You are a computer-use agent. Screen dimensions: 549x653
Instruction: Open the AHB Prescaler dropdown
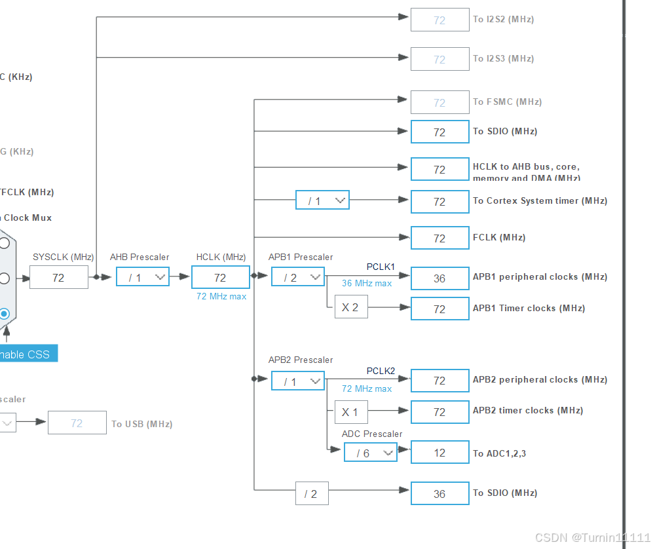point(143,278)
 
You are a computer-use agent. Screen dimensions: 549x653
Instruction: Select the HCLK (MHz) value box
point(220,278)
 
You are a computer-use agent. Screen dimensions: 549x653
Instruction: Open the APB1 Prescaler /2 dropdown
point(298,278)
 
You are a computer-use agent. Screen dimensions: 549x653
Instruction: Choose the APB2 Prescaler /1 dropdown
point(298,381)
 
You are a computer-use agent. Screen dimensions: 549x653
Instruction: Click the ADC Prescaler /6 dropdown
point(371,453)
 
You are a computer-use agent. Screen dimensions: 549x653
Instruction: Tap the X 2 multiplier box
point(350,307)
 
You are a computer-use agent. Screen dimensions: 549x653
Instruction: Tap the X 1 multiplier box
point(350,413)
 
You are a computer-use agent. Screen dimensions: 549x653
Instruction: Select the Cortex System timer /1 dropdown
point(322,201)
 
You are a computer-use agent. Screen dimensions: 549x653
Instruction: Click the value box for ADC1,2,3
point(439,453)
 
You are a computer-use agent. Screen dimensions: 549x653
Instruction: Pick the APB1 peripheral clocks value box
point(439,278)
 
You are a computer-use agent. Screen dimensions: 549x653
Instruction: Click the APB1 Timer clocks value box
point(439,309)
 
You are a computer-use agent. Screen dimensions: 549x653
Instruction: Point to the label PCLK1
point(381,267)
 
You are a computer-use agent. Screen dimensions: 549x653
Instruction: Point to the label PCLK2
point(381,371)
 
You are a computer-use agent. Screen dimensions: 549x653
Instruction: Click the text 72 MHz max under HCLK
point(221,297)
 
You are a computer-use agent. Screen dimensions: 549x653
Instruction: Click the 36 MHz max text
point(367,284)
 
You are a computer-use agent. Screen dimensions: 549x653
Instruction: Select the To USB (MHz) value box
point(77,423)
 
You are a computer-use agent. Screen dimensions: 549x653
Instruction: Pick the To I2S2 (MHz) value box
point(439,20)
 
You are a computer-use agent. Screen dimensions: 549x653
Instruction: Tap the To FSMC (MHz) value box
point(439,103)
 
